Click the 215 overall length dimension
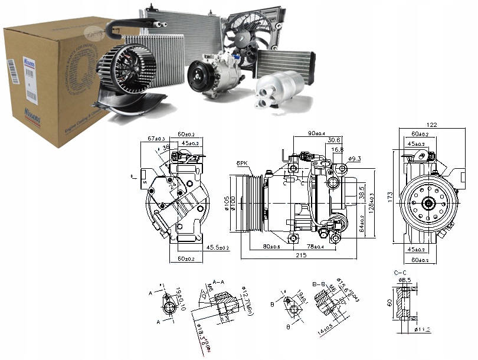click(x=301, y=256)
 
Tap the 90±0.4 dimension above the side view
click(x=316, y=132)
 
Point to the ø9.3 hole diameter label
click(x=356, y=158)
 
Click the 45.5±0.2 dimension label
click(x=217, y=248)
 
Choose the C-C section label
click(x=400, y=272)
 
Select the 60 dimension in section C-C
click(x=389, y=303)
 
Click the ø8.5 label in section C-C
click(x=406, y=280)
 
